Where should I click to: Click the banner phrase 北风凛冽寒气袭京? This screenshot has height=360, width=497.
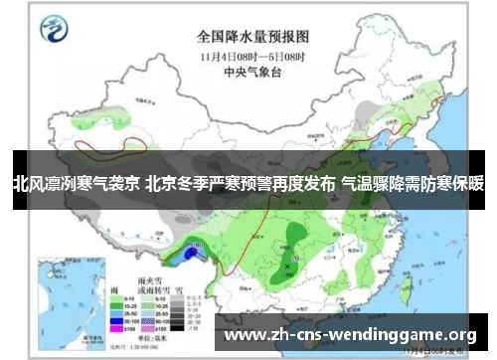click(x=76, y=184)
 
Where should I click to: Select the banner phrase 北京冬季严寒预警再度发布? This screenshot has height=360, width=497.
click(x=241, y=184)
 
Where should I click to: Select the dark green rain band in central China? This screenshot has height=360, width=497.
click(x=294, y=239)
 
